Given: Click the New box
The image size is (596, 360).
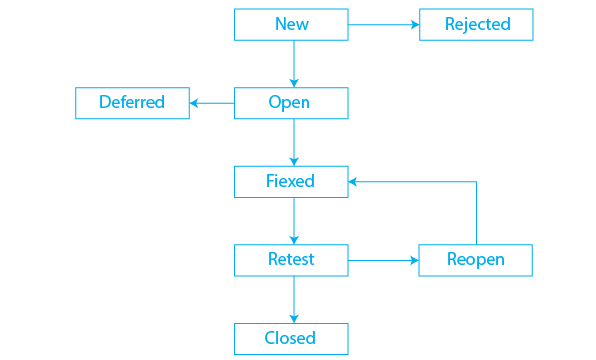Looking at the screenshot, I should click(291, 25).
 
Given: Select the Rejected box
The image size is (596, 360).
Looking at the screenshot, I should click(476, 25).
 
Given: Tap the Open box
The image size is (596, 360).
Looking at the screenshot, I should click(291, 103).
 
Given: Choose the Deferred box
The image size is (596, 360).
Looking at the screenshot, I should click(132, 103).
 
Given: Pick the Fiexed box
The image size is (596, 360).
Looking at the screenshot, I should click(291, 181).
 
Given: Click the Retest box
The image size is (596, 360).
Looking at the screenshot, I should click(291, 260).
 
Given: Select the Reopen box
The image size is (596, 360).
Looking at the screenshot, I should click(475, 260).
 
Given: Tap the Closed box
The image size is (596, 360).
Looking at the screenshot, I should click(291, 338).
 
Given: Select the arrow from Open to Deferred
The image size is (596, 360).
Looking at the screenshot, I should click(212, 103).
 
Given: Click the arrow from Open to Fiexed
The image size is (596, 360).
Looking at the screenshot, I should click(293, 142).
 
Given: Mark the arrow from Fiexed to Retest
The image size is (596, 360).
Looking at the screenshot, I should click(293, 220).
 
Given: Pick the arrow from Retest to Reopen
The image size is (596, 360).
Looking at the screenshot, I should click(383, 260).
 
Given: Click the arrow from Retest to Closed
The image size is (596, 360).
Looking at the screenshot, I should click(293, 299).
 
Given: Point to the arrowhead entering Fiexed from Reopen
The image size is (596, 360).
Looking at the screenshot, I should click(354, 182).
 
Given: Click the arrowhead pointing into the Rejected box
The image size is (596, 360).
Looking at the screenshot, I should click(413, 25).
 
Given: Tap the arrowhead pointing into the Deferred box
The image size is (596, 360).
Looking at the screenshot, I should click(195, 103).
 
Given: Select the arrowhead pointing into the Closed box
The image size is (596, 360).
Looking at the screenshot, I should click(293, 318).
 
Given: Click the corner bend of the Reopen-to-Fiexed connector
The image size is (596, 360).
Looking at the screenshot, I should click(476, 182).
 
